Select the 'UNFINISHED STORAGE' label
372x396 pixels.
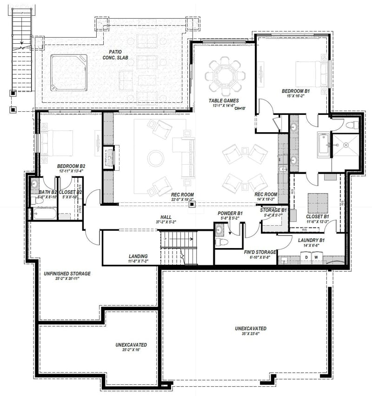(x=67, y=274)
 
